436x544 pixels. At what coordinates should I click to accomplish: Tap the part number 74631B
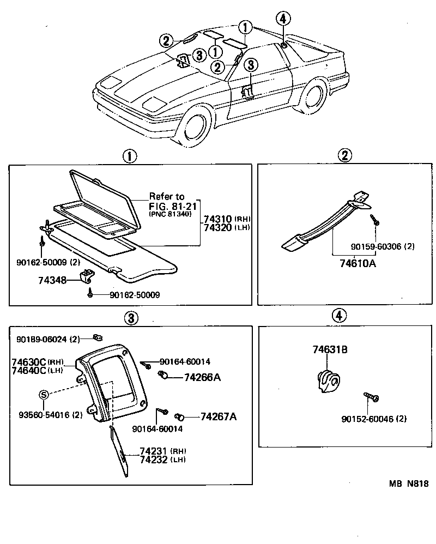pyautogui.click(x=330, y=350)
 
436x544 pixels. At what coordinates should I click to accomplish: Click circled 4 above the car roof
pyautogui.click(x=282, y=19)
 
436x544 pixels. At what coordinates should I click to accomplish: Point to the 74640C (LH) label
pyautogui.click(x=37, y=371)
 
